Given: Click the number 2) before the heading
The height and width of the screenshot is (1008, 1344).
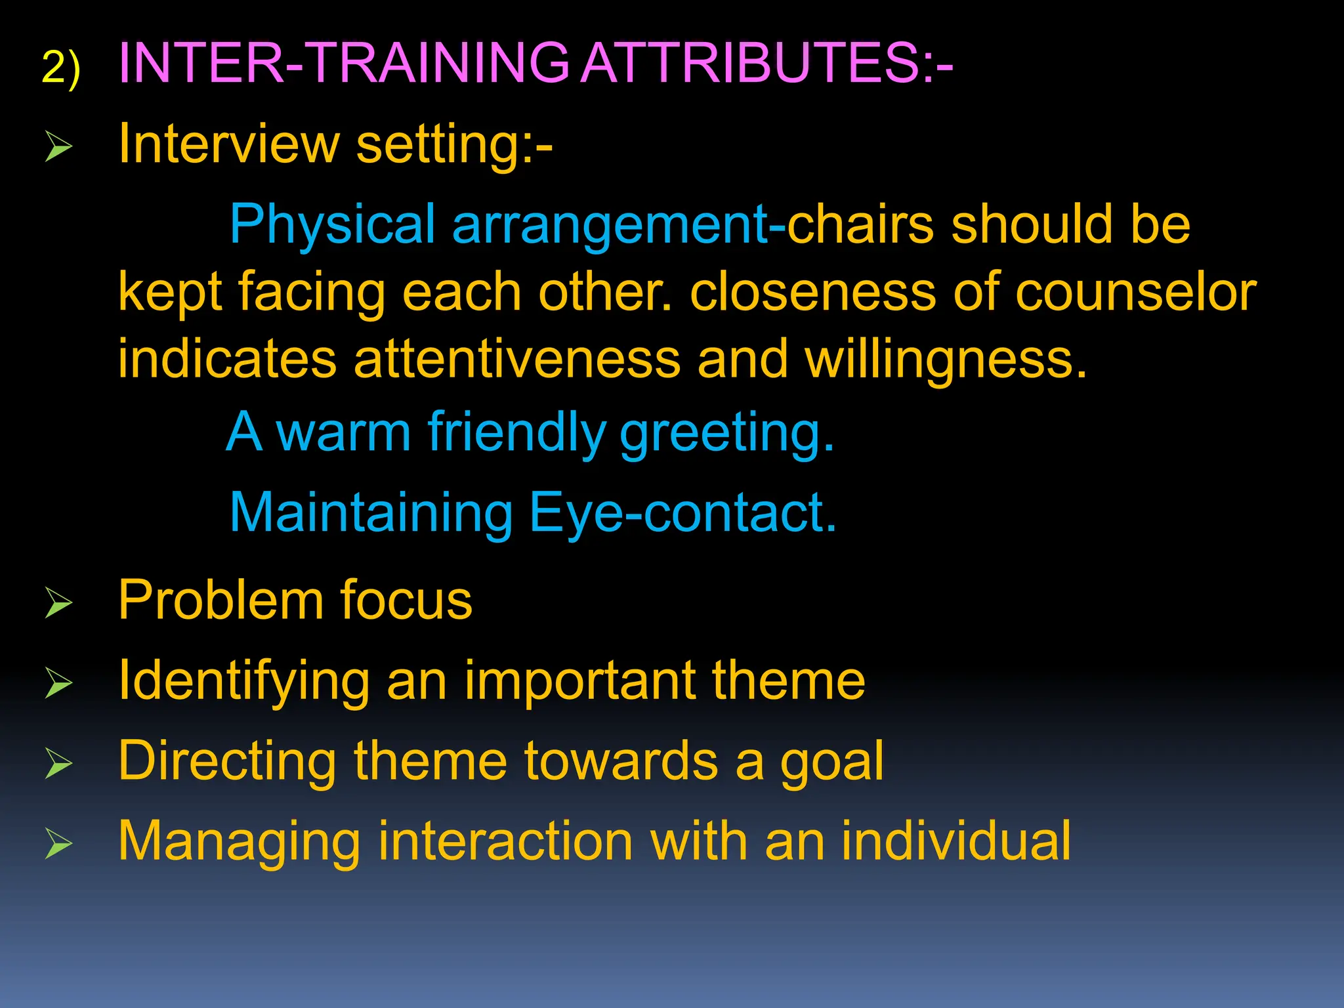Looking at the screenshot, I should click(60, 68).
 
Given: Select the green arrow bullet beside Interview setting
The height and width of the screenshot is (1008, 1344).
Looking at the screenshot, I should click(58, 146).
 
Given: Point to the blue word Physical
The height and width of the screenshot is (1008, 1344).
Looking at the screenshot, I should click(332, 225).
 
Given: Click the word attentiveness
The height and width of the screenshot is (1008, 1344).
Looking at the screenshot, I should click(517, 360).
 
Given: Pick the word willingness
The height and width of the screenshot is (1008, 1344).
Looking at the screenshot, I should click(945, 361).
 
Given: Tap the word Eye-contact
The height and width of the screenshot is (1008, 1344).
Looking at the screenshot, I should click(682, 513).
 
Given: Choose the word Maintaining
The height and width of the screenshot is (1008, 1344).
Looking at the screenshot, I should click(371, 514).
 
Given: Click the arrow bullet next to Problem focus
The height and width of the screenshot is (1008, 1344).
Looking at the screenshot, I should click(58, 602).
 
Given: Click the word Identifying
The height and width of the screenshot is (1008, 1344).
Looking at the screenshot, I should click(243, 682).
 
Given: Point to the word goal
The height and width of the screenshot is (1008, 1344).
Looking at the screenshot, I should click(831, 762).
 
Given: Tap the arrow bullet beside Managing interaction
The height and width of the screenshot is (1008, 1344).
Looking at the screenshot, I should click(58, 843).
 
